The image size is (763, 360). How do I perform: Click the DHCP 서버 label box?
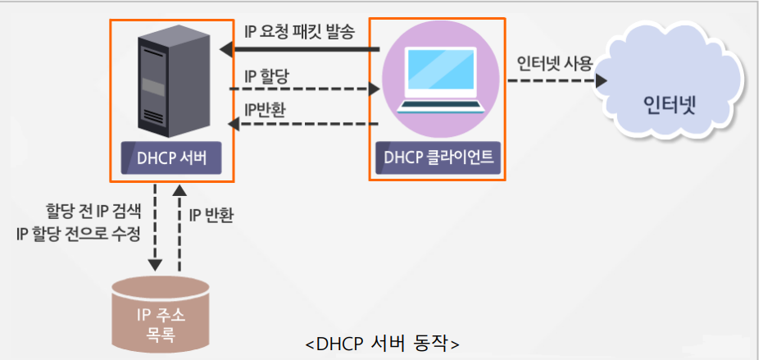[x=171, y=157]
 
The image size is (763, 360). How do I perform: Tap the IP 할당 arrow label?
[x=268, y=75]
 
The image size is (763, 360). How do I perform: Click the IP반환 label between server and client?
[x=265, y=109]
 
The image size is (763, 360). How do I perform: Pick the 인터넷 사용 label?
[x=554, y=64]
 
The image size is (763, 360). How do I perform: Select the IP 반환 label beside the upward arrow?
[x=211, y=216]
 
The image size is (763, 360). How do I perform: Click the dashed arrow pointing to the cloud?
[x=557, y=81]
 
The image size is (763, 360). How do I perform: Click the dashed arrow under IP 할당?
[x=303, y=89]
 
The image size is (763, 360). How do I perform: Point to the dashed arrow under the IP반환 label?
[x=303, y=124]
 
